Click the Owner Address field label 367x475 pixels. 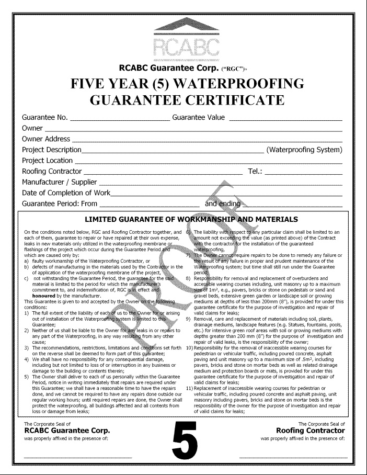45,139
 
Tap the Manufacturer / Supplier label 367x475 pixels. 59,182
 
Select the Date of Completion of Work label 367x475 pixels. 66,193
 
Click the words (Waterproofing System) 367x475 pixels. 304,150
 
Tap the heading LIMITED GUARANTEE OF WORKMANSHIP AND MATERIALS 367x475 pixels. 191,219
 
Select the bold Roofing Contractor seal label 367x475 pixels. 310,430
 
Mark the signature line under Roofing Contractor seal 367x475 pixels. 291,458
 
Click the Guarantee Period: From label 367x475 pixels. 60,203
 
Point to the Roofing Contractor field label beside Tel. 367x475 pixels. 52,171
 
